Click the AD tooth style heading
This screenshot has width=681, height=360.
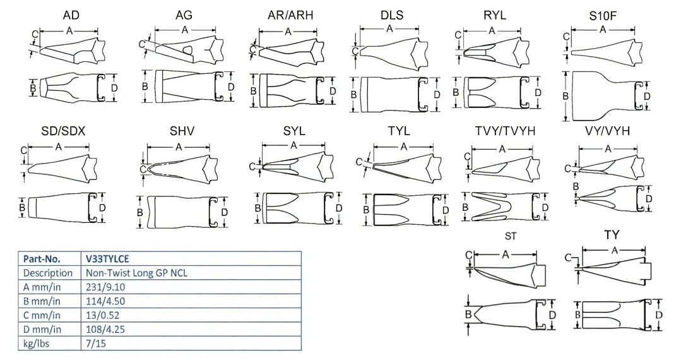click(x=71, y=15)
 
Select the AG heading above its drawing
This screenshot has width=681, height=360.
click(x=184, y=15)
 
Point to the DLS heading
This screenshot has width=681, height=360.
click(x=391, y=15)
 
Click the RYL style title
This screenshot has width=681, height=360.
click(x=495, y=15)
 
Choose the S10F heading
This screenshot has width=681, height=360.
click(x=602, y=15)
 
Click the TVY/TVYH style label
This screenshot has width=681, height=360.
click(x=505, y=131)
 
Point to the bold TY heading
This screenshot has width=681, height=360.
click(x=612, y=235)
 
